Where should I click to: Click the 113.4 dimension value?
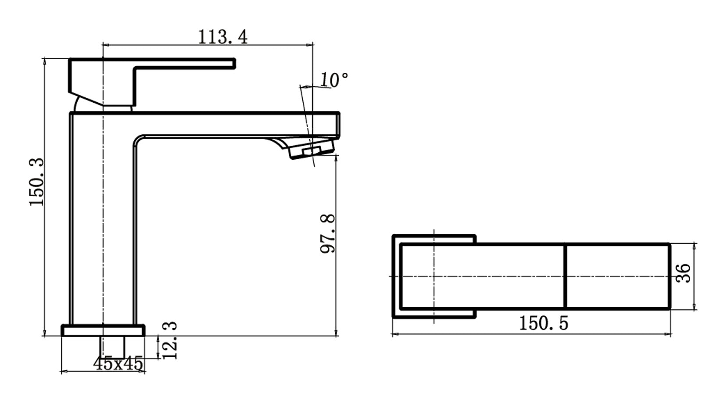point(223,37)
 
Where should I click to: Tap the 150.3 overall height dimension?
point(37,182)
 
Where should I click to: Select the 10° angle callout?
point(333,80)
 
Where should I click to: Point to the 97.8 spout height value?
point(328,233)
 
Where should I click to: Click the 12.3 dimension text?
point(169,341)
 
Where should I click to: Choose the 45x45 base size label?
point(118,364)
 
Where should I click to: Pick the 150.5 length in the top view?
point(543,324)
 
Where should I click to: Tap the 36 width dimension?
point(684,273)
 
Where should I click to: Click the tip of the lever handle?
point(233,64)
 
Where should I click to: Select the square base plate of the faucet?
point(103,330)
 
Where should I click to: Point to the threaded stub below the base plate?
point(113,347)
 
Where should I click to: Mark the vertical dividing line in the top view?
point(565,276)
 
